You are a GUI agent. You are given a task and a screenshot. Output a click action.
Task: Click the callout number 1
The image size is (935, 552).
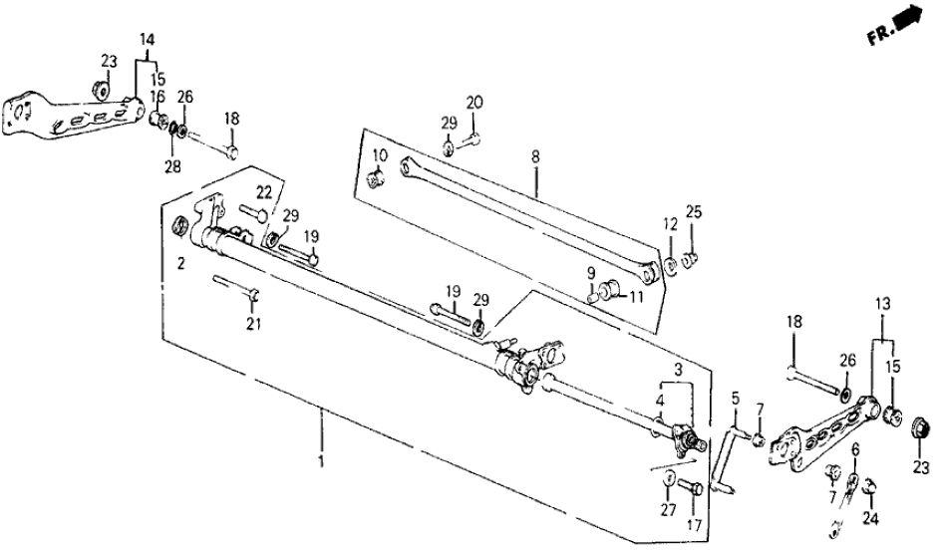(321, 463)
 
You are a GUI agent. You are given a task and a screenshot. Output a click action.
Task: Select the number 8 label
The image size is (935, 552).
(535, 156)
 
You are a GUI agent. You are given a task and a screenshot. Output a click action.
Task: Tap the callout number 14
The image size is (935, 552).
(148, 39)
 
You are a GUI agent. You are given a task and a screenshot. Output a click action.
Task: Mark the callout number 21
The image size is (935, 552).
(250, 325)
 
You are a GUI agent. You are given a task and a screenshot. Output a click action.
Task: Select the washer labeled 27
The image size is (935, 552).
(667, 485)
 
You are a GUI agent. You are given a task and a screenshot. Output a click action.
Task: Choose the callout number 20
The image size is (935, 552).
(474, 102)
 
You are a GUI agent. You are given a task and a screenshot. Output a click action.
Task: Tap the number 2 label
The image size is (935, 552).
(182, 265)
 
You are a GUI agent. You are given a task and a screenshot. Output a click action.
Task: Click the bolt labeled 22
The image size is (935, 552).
(254, 211)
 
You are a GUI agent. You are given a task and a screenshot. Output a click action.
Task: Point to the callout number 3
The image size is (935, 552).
(677, 369)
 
